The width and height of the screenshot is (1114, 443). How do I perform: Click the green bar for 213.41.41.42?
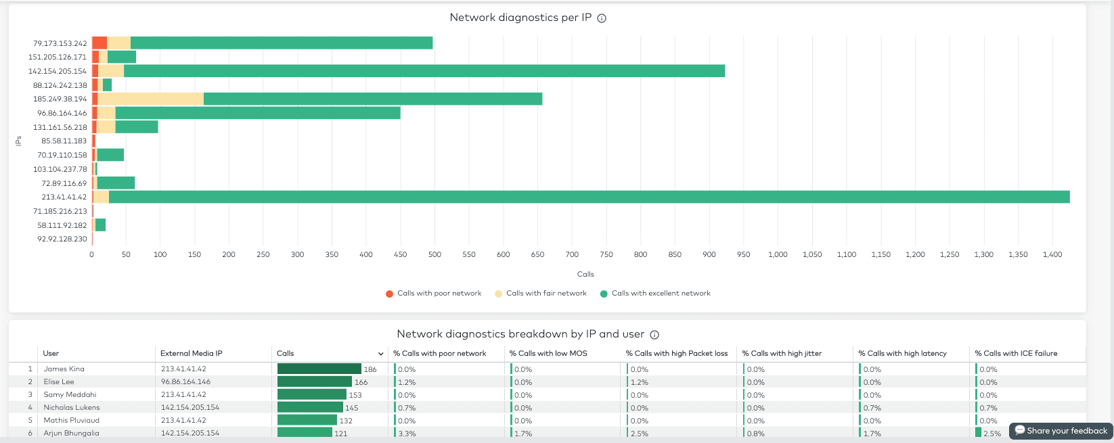589,197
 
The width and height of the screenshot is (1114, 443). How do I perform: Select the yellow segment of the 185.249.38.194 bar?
150,99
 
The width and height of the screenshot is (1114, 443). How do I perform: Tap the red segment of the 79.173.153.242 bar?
99,43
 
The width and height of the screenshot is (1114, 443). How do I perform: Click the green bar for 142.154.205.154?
424,71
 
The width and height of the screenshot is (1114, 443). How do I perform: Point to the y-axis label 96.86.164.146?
62,113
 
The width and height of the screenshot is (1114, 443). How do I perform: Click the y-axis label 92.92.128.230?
62,239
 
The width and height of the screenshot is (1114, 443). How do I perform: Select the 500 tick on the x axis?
435,254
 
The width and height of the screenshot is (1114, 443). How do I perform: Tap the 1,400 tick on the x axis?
1052,254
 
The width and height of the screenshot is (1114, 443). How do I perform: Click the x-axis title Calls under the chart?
585,274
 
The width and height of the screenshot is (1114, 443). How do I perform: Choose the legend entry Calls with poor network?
433,294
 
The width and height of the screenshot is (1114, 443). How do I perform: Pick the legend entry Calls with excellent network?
655,294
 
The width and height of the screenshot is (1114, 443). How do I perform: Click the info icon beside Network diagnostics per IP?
602,18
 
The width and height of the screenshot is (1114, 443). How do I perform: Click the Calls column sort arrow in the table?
380,354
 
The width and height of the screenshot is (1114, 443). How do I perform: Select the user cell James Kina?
64,369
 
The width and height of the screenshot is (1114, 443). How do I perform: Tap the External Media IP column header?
191,353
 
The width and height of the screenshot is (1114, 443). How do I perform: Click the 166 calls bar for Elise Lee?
315,381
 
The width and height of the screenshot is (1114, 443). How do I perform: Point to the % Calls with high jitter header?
782,353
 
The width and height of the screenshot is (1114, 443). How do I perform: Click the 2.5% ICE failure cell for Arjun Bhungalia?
992,433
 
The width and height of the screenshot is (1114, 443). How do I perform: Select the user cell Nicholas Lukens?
72,407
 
